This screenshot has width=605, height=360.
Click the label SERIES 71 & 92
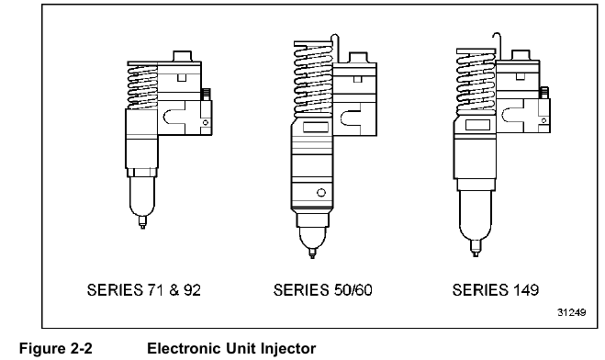(144, 290)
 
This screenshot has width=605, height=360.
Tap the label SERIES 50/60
(322, 290)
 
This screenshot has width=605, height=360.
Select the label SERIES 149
(496, 290)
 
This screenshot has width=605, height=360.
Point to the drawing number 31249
(571, 312)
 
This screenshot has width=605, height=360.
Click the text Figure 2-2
(56, 348)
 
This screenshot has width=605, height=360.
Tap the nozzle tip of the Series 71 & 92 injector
(142, 222)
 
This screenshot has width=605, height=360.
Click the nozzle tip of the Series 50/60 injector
(312, 253)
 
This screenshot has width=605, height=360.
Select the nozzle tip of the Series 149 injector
(476, 248)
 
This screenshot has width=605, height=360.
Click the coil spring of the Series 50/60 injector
(313, 79)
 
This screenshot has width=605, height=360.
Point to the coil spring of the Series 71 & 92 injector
(142, 86)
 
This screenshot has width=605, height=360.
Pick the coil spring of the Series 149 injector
(476, 82)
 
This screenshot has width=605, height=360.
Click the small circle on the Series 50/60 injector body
(321, 193)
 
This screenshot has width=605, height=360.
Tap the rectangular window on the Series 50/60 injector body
(316, 128)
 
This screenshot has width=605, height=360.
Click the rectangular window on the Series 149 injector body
(477, 125)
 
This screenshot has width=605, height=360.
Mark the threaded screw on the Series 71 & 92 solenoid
(206, 95)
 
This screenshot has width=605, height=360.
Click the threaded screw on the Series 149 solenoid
(544, 93)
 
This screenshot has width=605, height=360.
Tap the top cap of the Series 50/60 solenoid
(358, 57)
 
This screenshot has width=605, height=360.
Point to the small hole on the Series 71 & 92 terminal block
(206, 123)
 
